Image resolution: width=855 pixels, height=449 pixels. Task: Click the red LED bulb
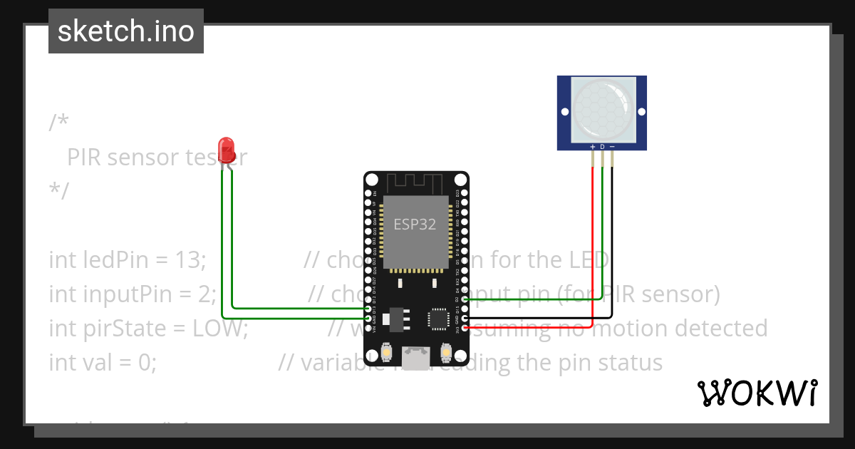(227, 148)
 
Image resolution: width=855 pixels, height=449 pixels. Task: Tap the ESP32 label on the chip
(415, 224)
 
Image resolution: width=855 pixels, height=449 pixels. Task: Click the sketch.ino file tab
(126, 31)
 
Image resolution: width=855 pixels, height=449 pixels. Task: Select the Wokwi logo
(757, 393)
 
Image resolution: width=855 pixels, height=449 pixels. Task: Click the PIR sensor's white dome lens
(602, 108)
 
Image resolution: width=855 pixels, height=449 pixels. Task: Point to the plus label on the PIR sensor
(592, 147)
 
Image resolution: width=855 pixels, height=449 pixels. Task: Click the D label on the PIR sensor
(602, 147)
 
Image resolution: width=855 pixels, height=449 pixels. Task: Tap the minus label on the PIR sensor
(612, 147)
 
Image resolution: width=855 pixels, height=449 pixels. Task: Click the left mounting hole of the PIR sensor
(564, 113)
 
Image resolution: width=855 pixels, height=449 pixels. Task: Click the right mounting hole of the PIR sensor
(641, 113)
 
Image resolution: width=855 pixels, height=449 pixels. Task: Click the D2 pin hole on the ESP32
(465, 300)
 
